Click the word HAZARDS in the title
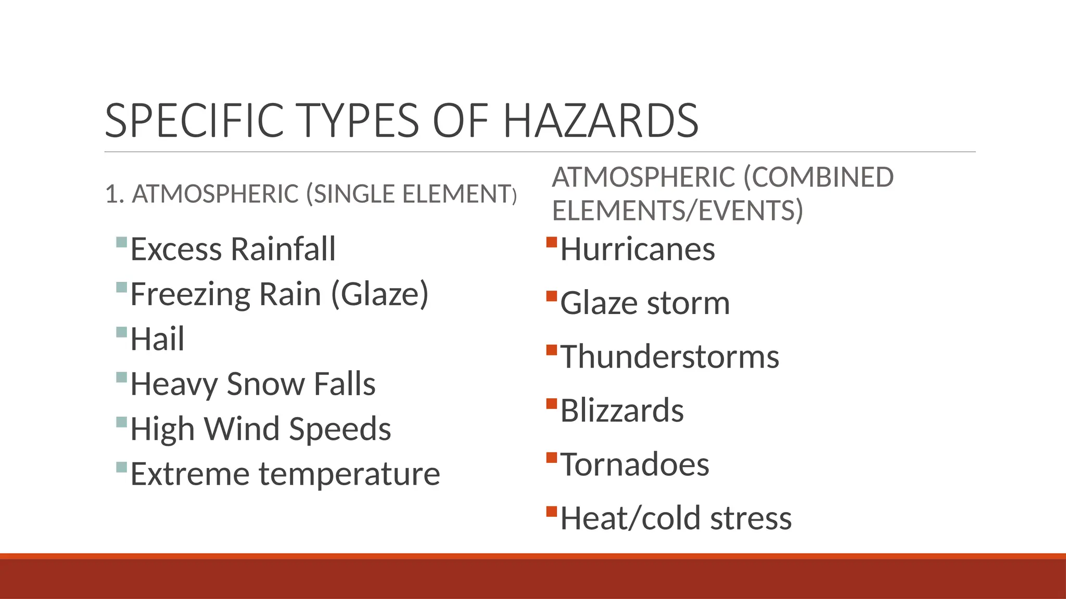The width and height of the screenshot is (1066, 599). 601,121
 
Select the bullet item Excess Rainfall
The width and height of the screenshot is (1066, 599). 233,249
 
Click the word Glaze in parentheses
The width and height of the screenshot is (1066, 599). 380,294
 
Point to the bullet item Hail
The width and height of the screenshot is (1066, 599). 157,339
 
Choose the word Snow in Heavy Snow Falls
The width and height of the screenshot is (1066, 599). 265,384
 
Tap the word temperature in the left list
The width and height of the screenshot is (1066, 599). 349,474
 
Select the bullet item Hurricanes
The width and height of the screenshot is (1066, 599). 638,249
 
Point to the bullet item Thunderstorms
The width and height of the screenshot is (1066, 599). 669,357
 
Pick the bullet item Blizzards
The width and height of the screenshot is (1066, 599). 622,411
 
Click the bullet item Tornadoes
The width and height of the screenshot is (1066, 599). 634,464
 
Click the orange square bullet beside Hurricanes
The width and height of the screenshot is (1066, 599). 552,242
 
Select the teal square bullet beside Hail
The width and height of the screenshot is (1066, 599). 122,332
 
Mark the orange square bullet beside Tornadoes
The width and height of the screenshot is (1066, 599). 552,458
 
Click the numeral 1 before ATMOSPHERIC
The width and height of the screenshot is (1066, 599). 110,194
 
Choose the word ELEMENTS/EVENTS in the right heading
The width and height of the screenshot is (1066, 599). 677,211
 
